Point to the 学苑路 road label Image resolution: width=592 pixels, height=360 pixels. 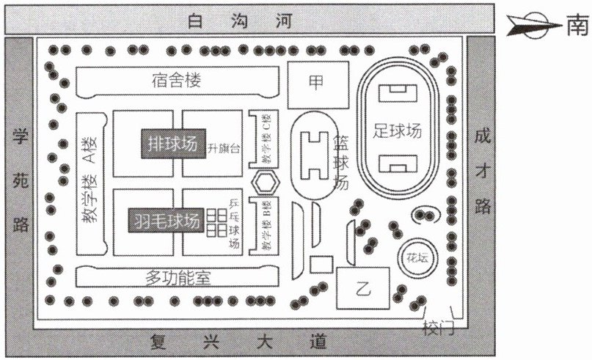(19, 179)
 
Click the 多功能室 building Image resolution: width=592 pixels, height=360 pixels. (178, 277)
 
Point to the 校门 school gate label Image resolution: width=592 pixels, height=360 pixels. (439, 328)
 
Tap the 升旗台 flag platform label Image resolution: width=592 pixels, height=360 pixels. (224, 147)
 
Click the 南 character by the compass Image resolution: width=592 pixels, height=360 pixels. (577, 27)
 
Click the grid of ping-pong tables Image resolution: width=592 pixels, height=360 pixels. (216, 221)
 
